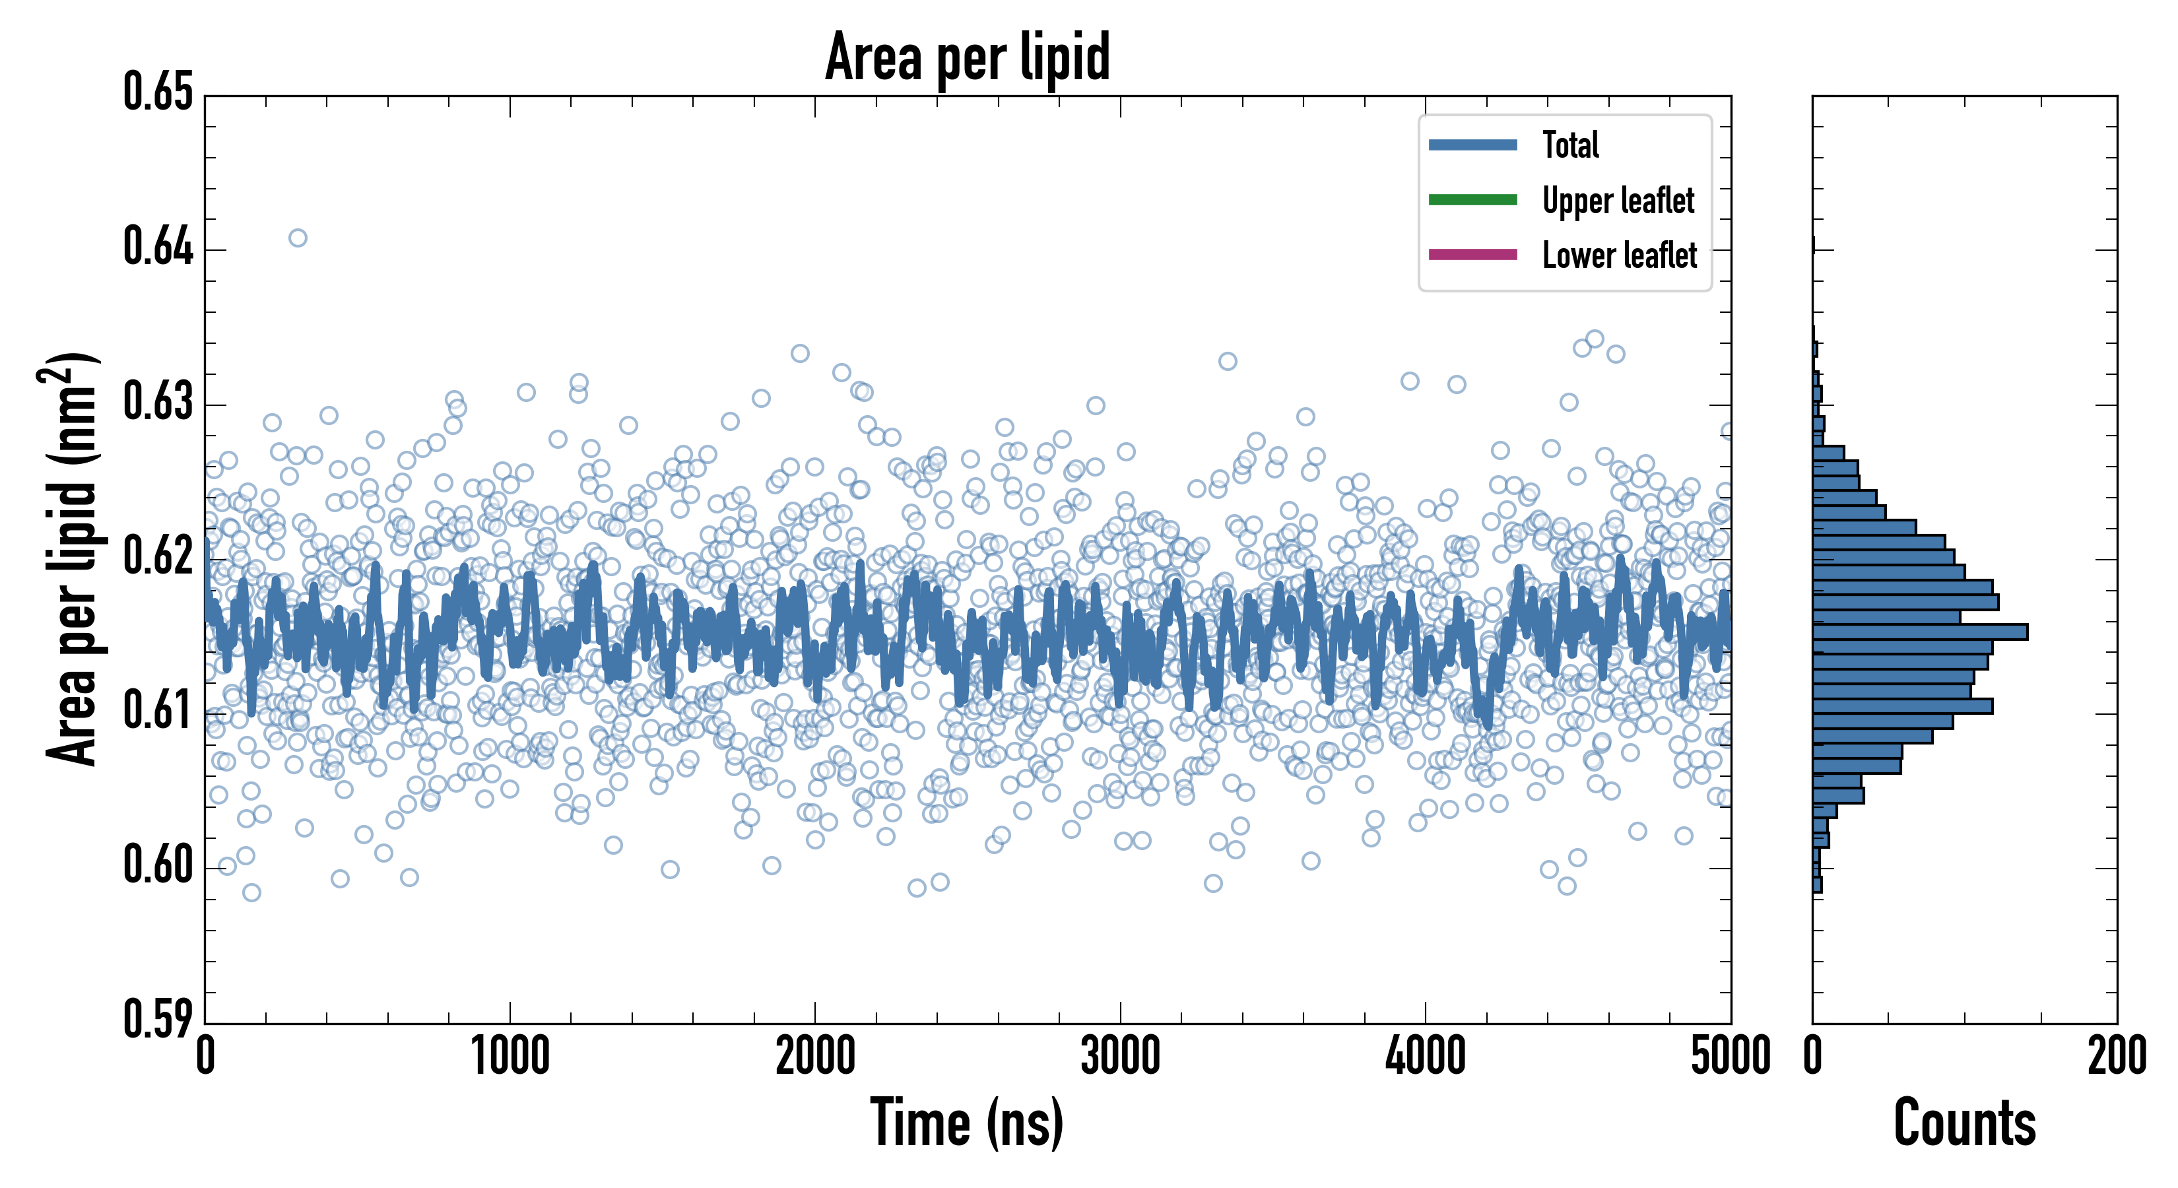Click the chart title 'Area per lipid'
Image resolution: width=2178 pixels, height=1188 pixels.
pos(968,57)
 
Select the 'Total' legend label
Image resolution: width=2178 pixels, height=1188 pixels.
pos(1570,145)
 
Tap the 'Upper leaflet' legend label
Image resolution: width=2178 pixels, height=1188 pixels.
pos(1618,201)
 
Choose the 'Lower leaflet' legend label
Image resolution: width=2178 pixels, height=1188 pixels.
pos(1619,255)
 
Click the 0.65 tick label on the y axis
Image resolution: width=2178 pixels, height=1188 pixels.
pos(158,92)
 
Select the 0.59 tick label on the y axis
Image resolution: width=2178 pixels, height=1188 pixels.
pos(158,1019)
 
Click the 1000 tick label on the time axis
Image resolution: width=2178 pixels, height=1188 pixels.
pos(510,1057)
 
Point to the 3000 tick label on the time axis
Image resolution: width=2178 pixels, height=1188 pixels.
pos(1120,1057)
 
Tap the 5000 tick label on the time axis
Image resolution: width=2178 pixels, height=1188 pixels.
pos(1730,1057)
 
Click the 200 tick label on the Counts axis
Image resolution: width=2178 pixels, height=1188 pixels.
pos(2116,1057)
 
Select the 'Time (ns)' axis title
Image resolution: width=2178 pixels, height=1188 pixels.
pos(966,1123)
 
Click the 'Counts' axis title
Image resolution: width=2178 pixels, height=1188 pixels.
pos(1964,1123)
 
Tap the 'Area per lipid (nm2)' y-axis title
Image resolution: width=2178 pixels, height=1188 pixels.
pos(70,559)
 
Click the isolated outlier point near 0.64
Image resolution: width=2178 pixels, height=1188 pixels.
pos(298,238)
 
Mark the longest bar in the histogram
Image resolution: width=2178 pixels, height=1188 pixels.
pos(1919,632)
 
